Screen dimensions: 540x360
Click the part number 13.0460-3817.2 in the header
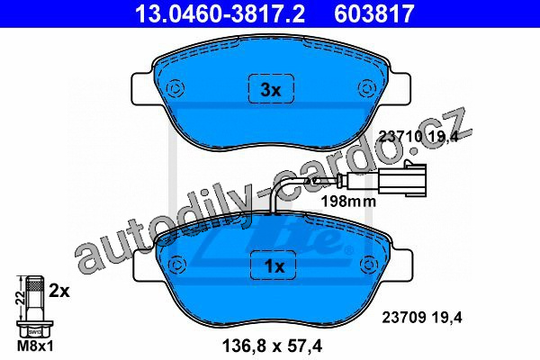pyautogui.click(x=220, y=13)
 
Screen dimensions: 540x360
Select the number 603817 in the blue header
pyautogui.click(x=374, y=13)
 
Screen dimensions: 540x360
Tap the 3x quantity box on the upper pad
pyautogui.click(x=272, y=88)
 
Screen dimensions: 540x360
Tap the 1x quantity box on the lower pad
pyautogui.click(x=274, y=265)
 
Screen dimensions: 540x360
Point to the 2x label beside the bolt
pyautogui.click(x=59, y=291)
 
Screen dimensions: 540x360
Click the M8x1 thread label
pyautogui.click(x=35, y=346)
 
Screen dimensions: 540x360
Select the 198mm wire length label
pyautogui.click(x=348, y=202)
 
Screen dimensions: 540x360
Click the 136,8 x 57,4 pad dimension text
pyautogui.click(x=272, y=346)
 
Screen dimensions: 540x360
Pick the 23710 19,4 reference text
pyautogui.click(x=418, y=137)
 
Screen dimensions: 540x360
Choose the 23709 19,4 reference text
pyautogui.click(x=422, y=318)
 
